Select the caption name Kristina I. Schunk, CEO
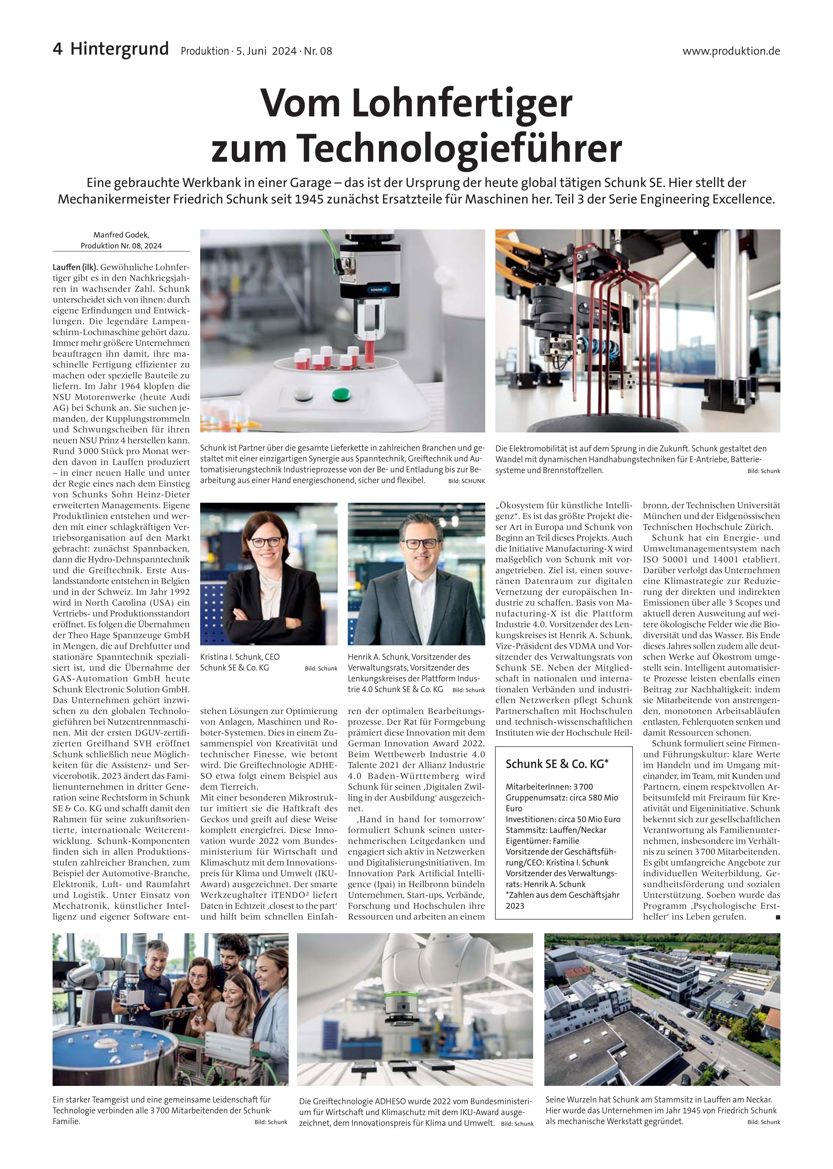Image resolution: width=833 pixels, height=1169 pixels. [240, 657]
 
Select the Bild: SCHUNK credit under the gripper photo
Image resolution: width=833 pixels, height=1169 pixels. [466, 481]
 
